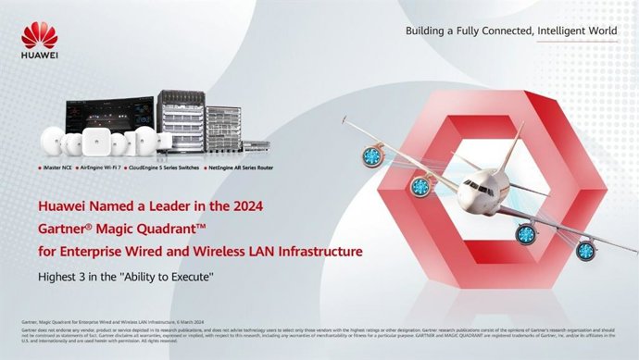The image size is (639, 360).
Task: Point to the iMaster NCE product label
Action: click(x=58, y=170)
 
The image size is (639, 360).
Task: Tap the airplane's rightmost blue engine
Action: click(x=584, y=250)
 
